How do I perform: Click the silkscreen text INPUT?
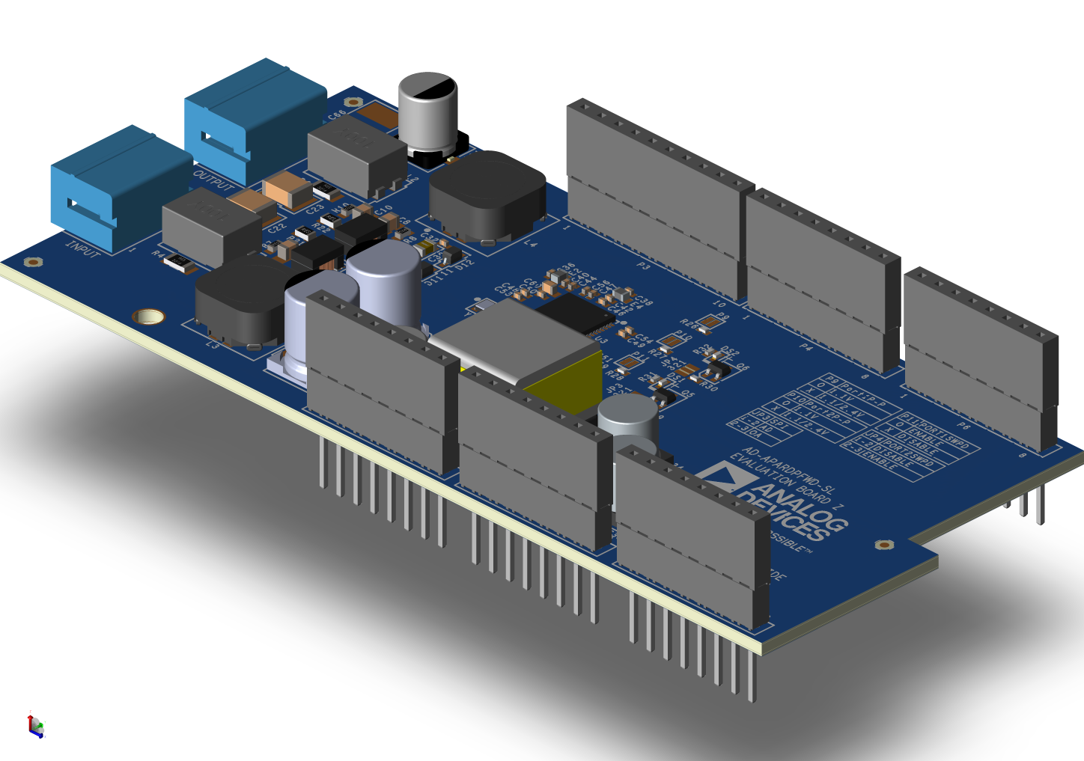tap(82, 249)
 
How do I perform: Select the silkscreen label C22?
tap(276, 225)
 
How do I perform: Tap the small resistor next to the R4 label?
tap(179, 261)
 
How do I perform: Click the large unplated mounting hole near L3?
tap(148, 317)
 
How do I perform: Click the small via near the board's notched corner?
tap(884, 545)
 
